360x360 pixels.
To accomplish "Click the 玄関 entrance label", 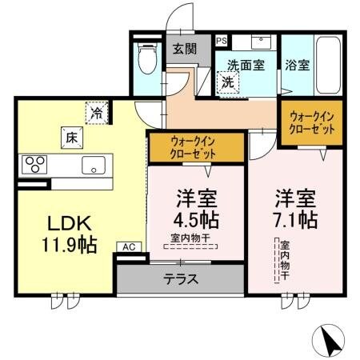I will point(185,49).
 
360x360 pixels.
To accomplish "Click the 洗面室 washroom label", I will point(245,66).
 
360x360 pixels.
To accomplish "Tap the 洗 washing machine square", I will point(226,82).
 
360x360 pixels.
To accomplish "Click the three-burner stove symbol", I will point(34,164).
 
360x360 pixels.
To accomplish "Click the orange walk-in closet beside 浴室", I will point(309,123).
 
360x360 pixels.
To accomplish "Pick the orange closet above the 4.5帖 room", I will point(196,149).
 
